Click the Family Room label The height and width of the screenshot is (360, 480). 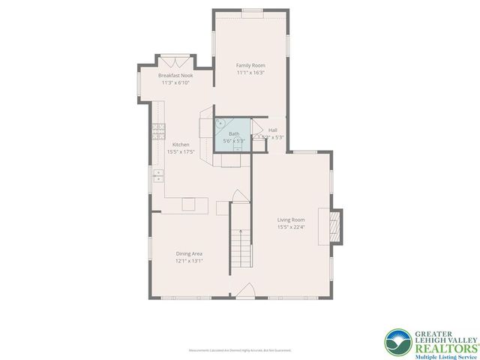250,66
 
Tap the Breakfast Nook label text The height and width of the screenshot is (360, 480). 175,76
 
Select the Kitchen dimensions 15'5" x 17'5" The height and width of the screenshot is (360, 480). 181,151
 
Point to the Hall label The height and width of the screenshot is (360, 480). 272,130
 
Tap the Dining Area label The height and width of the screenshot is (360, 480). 189,253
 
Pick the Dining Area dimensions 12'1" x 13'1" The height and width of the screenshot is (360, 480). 189,262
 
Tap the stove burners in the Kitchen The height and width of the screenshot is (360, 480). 158,132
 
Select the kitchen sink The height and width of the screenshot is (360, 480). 158,175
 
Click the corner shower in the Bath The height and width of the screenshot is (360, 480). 221,123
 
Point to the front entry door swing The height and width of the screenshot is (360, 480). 244,292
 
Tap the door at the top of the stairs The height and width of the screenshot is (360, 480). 238,196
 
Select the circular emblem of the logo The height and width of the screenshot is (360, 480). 399,343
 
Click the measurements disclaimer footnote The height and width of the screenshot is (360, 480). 240,350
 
